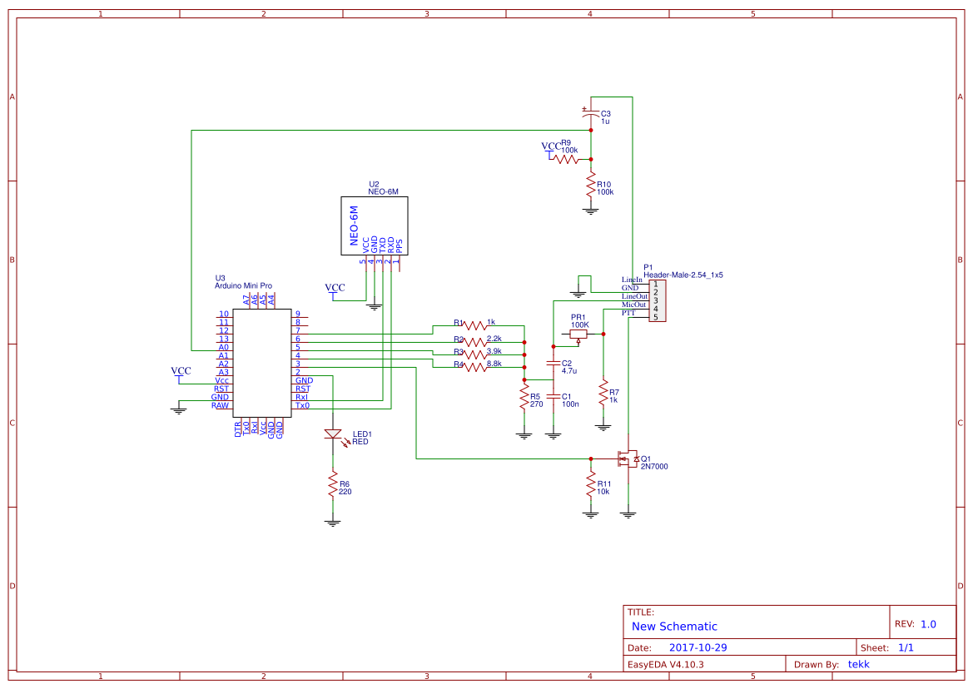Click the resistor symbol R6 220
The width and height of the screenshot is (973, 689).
[x=332, y=483]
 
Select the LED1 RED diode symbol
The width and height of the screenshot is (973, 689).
[x=333, y=434]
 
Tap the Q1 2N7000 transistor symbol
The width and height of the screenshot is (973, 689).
[x=625, y=459]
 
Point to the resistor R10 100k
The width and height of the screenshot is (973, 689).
[x=591, y=186]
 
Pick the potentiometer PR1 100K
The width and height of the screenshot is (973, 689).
[x=578, y=334]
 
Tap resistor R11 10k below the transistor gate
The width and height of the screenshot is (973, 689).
[x=591, y=485]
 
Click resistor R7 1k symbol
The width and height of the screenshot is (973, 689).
[x=603, y=392]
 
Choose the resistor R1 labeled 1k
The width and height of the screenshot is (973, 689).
[x=474, y=325]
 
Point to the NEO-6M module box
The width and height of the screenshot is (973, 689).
[x=373, y=226]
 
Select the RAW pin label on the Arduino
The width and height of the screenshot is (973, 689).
[x=220, y=405]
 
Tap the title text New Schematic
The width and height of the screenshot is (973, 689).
[x=674, y=627]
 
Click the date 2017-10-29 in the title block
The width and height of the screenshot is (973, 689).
[x=698, y=647]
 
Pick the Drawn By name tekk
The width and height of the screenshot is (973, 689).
[x=858, y=664]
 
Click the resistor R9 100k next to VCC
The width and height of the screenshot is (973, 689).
[x=568, y=158]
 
